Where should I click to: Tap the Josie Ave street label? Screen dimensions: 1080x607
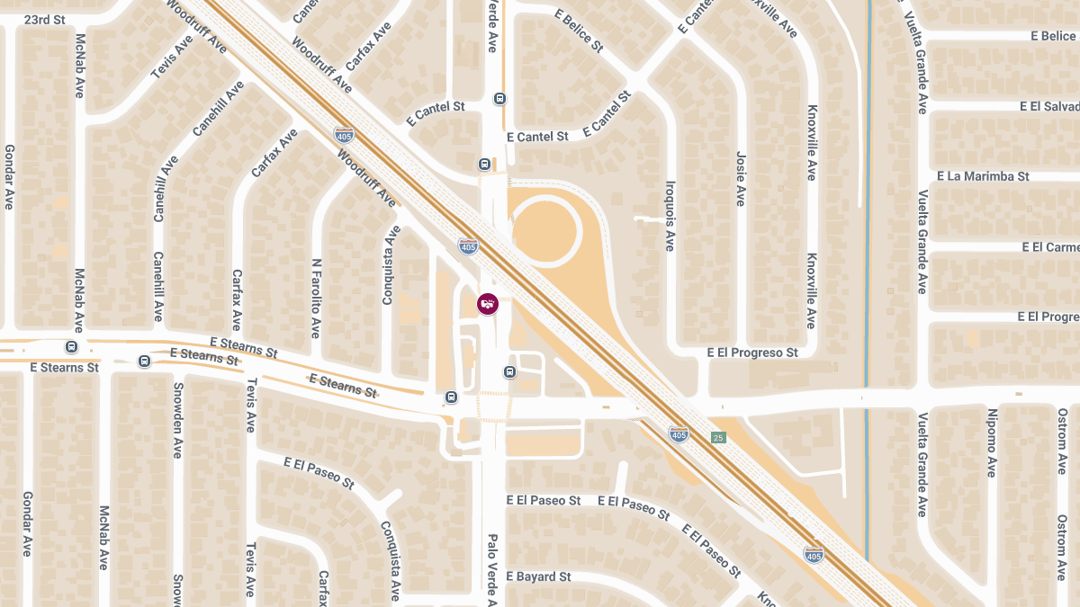[x=741, y=178]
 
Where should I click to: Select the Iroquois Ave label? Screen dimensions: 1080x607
[x=670, y=215]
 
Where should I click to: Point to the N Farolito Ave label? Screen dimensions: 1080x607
[x=316, y=298]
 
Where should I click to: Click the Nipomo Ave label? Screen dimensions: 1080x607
[x=992, y=442]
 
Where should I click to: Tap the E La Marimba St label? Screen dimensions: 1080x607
[x=983, y=176]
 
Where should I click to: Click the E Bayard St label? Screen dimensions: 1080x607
[x=538, y=576]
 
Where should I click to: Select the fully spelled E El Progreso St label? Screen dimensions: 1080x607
[x=752, y=353]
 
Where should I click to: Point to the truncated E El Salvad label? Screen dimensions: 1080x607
[x=1048, y=106]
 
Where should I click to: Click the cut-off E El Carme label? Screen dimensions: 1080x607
[x=1049, y=246]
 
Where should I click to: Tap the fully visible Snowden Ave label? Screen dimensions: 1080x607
[x=177, y=421]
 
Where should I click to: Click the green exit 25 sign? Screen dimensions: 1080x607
[x=717, y=438]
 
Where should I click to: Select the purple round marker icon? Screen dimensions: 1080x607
[x=487, y=303]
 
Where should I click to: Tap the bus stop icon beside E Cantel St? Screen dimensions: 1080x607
[x=484, y=165]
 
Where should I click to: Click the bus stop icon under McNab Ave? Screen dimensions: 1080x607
[x=71, y=347]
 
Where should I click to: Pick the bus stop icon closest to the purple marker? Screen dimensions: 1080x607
[x=509, y=371]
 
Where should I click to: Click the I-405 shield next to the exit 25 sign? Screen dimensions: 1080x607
[x=679, y=435]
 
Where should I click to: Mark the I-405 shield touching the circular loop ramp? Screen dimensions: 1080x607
[x=468, y=245]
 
